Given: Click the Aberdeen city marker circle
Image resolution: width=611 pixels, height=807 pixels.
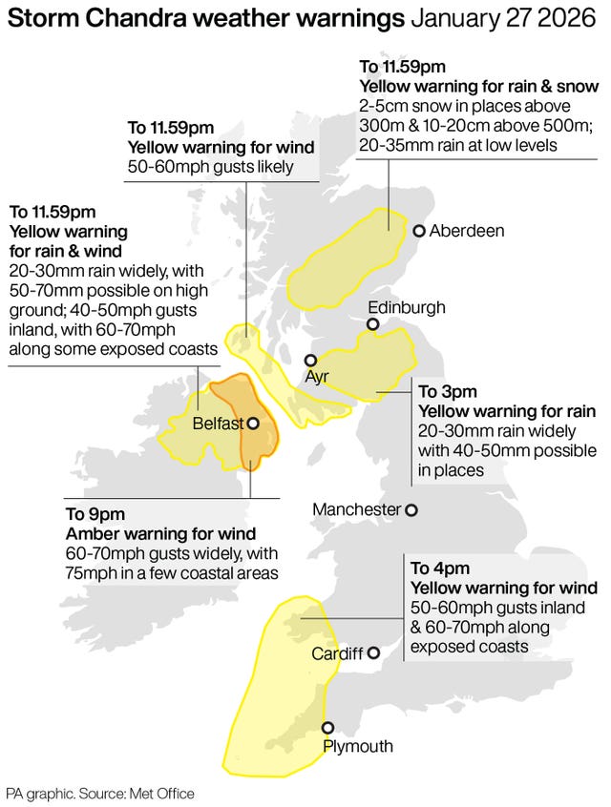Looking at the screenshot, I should pyautogui.click(x=418, y=231).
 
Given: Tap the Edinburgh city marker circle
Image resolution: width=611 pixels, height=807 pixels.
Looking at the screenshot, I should pyautogui.click(x=372, y=325).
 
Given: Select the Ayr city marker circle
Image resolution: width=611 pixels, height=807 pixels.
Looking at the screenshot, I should pyautogui.click(x=310, y=361).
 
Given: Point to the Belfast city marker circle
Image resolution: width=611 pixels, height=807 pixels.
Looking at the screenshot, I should pyautogui.click(x=253, y=424).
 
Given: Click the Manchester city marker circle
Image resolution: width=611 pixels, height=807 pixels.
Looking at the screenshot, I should pyautogui.click(x=411, y=510).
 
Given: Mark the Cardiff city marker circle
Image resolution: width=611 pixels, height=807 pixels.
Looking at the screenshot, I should pyautogui.click(x=374, y=653).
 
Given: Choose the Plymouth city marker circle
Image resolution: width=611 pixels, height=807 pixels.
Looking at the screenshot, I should pyautogui.click(x=327, y=727).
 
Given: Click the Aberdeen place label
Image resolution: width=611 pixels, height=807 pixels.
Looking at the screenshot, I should pyautogui.click(x=467, y=231).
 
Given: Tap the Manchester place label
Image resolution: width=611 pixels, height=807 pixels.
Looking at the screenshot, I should pyautogui.click(x=357, y=510).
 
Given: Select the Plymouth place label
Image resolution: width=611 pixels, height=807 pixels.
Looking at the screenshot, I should pyautogui.click(x=357, y=746).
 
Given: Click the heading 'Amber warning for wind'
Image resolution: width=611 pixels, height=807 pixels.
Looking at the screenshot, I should pyautogui.click(x=159, y=534).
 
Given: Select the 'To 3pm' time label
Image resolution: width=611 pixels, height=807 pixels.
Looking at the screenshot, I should pyautogui.click(x=447, y=391).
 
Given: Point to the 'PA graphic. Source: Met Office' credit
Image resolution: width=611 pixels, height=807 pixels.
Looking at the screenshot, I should pyautogui.click(x=100, y=793).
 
